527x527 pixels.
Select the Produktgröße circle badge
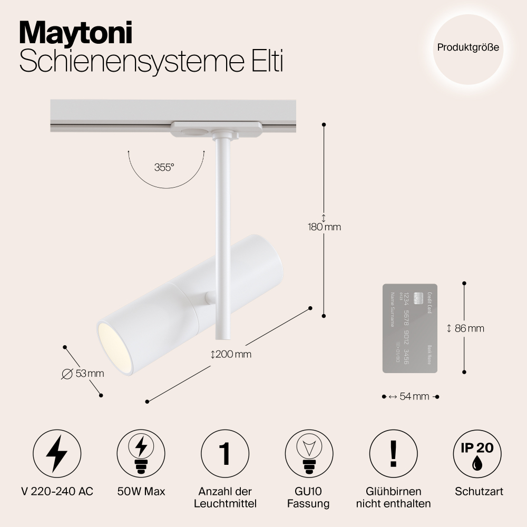pyautogui.click(x=467, y=47)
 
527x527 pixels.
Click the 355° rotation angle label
pyautogui.click(x=164, y=168)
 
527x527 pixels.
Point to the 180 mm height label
pyautogui.click(x=325, y=227)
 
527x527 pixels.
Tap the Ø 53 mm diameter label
pyautogui.click(x=83, y=374)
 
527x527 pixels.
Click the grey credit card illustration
pyautogui.click(x=409, y=328)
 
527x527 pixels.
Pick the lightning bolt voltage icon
pyautogui.click(x=57, y=454)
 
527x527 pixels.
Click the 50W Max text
pyautogui.click(x=141, y=491)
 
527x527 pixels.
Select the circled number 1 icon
pyautogui.click(x=225, y=454)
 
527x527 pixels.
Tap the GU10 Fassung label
pyautogui.click(x=308, y=497)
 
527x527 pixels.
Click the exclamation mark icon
pyautogui.click(x=393, y=454)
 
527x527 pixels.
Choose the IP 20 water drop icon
pyautogui.click(x=477, y=454)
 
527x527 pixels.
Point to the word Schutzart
pyautogui.click(x=479, y=491)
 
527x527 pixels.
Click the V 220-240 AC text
pyautogui.click(x=57, y=491)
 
